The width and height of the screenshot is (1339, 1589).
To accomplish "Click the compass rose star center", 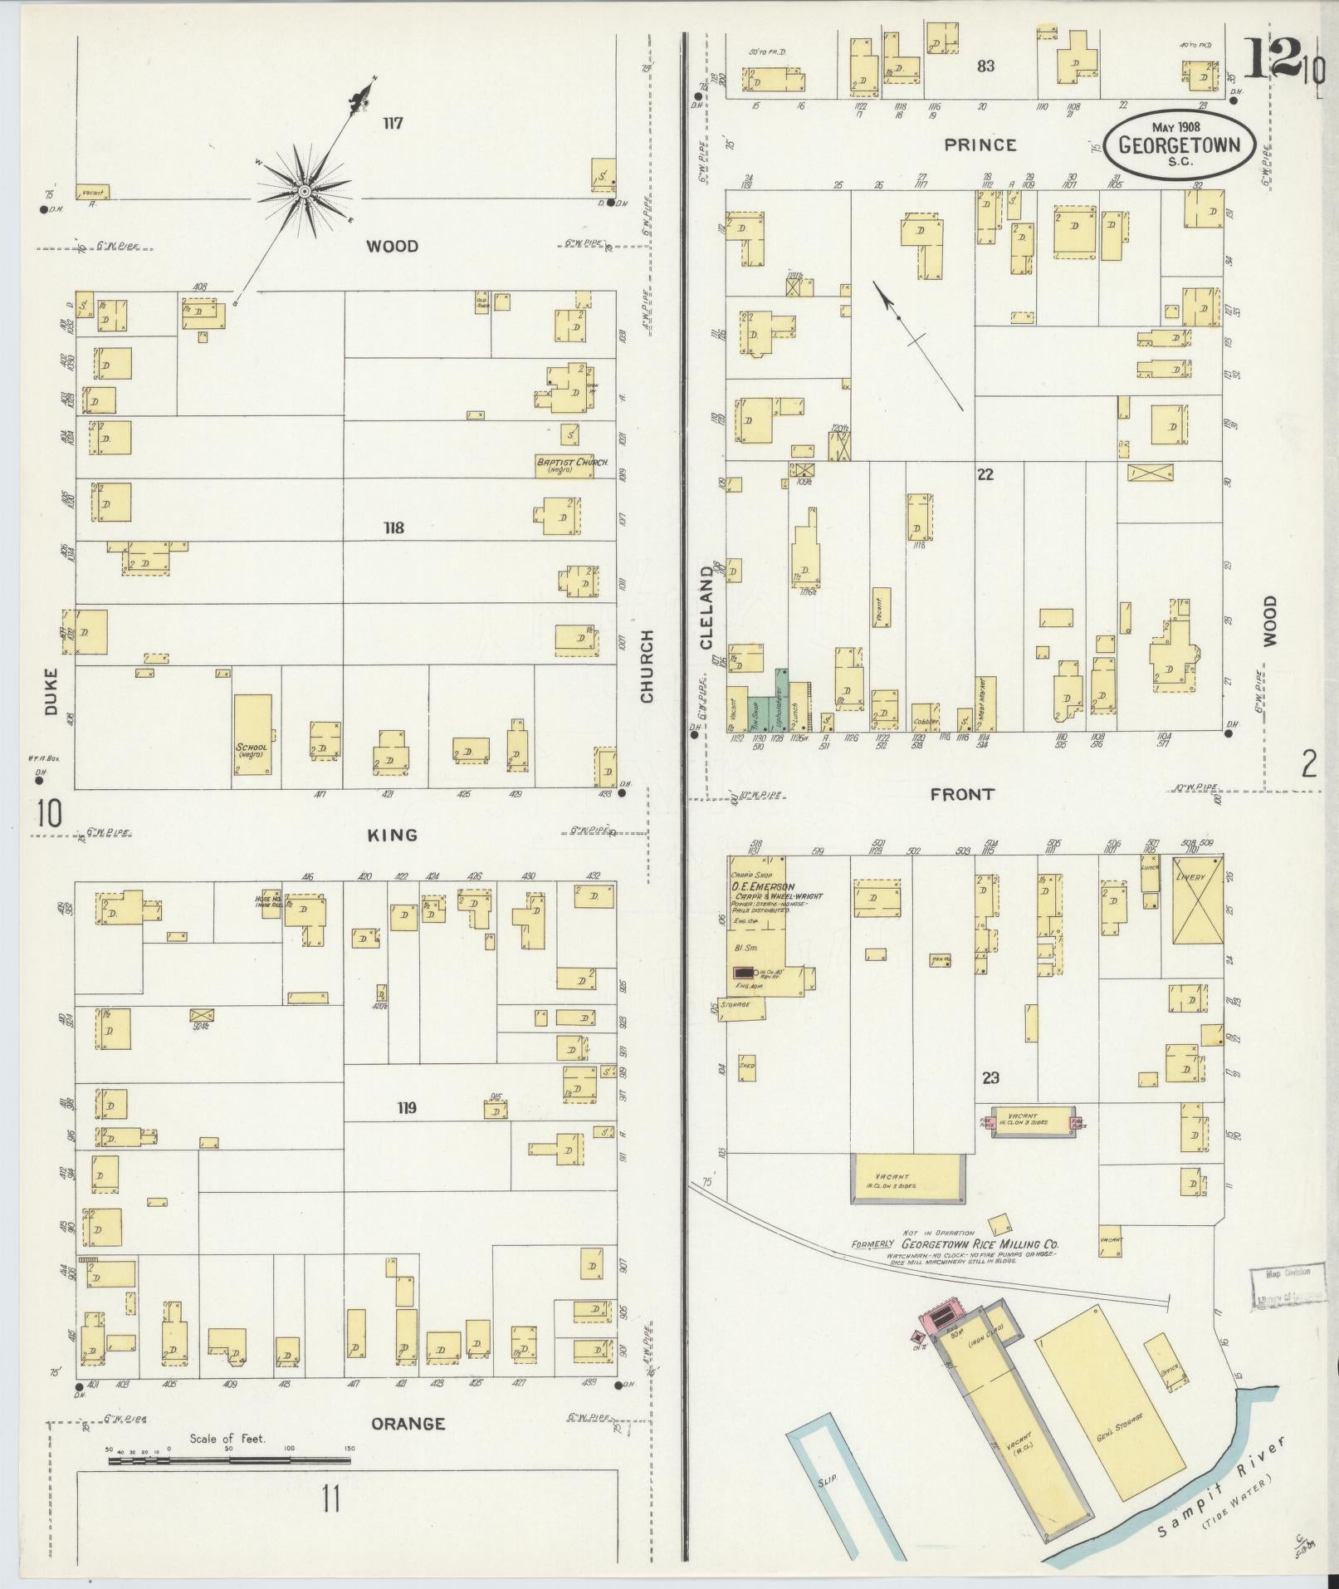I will [305, 192].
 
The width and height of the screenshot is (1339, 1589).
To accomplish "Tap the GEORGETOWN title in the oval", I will [1179, 144].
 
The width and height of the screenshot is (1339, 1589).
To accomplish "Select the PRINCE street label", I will [980, 145].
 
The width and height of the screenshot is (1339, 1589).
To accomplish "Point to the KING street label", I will [392, 835].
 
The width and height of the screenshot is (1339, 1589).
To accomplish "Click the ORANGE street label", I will [408, 1423].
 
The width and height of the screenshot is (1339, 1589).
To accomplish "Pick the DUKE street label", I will [51, 691].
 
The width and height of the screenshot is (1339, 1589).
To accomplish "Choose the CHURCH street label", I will [647, 665].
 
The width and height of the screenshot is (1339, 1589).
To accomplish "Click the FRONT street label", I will [961, 794].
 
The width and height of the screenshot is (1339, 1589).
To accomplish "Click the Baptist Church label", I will [572, 463].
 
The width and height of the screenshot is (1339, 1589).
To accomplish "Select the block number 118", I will [393, 527].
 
